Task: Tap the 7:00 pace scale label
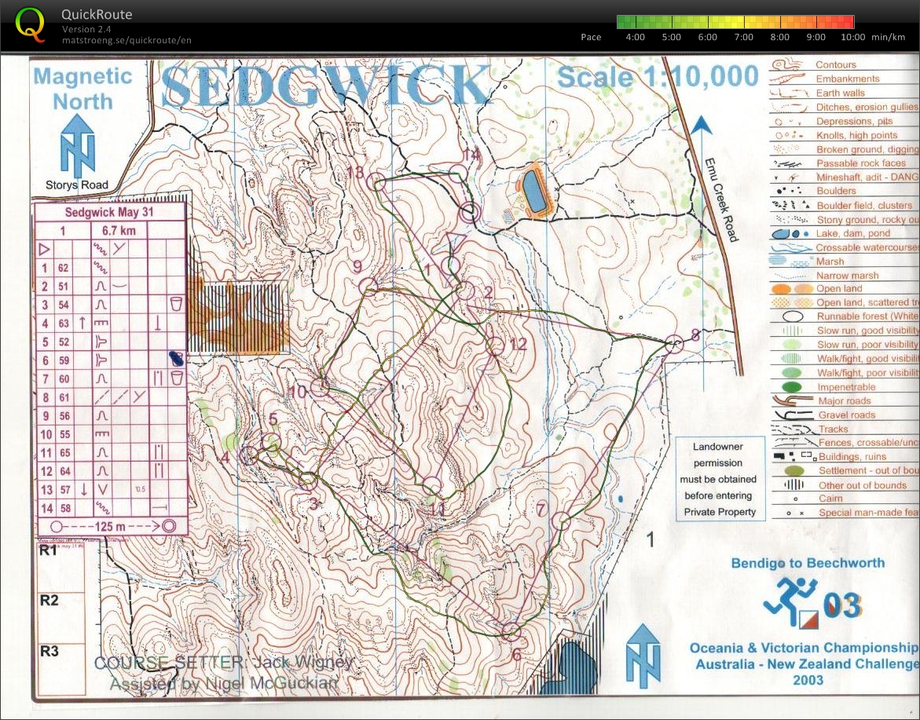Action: (742, 37)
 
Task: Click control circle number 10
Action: (319, 386)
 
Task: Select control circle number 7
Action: (561, 520)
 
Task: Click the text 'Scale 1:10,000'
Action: (658, 77)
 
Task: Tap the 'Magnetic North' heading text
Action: (83, 89)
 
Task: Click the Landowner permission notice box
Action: (720, 479)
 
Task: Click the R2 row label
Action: (49, 601)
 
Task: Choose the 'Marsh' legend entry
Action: (830, 261)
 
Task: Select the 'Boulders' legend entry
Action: (835, 191)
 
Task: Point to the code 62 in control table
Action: (64, 268)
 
